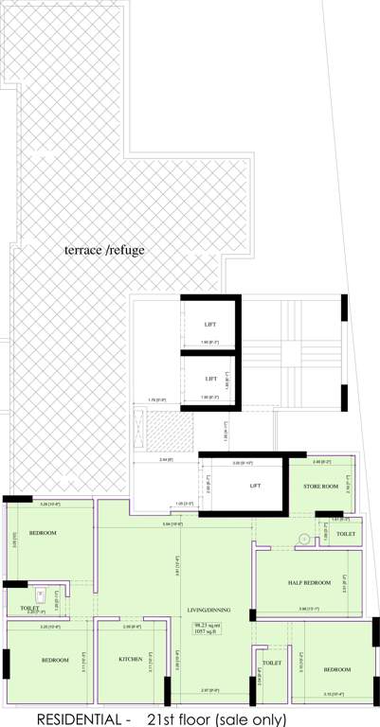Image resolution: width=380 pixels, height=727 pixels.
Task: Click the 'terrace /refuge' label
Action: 104,250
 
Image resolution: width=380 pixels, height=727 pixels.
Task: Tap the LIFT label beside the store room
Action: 255,486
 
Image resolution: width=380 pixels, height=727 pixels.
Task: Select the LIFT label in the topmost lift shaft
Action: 210,325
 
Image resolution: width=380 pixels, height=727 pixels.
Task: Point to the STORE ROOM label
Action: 320,487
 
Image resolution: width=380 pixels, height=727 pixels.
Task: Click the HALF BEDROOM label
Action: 310,582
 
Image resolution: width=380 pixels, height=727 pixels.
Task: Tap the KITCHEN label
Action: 131,658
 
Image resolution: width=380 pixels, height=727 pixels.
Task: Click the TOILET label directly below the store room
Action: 346,535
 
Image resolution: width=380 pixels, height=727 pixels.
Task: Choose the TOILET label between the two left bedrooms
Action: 30,608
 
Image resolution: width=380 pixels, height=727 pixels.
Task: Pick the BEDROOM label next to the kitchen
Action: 55,660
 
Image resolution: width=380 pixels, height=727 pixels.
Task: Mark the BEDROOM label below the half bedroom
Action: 337,669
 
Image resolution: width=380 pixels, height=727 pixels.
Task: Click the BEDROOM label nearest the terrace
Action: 43,533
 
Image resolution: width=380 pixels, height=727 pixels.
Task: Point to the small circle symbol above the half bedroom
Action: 303,539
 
